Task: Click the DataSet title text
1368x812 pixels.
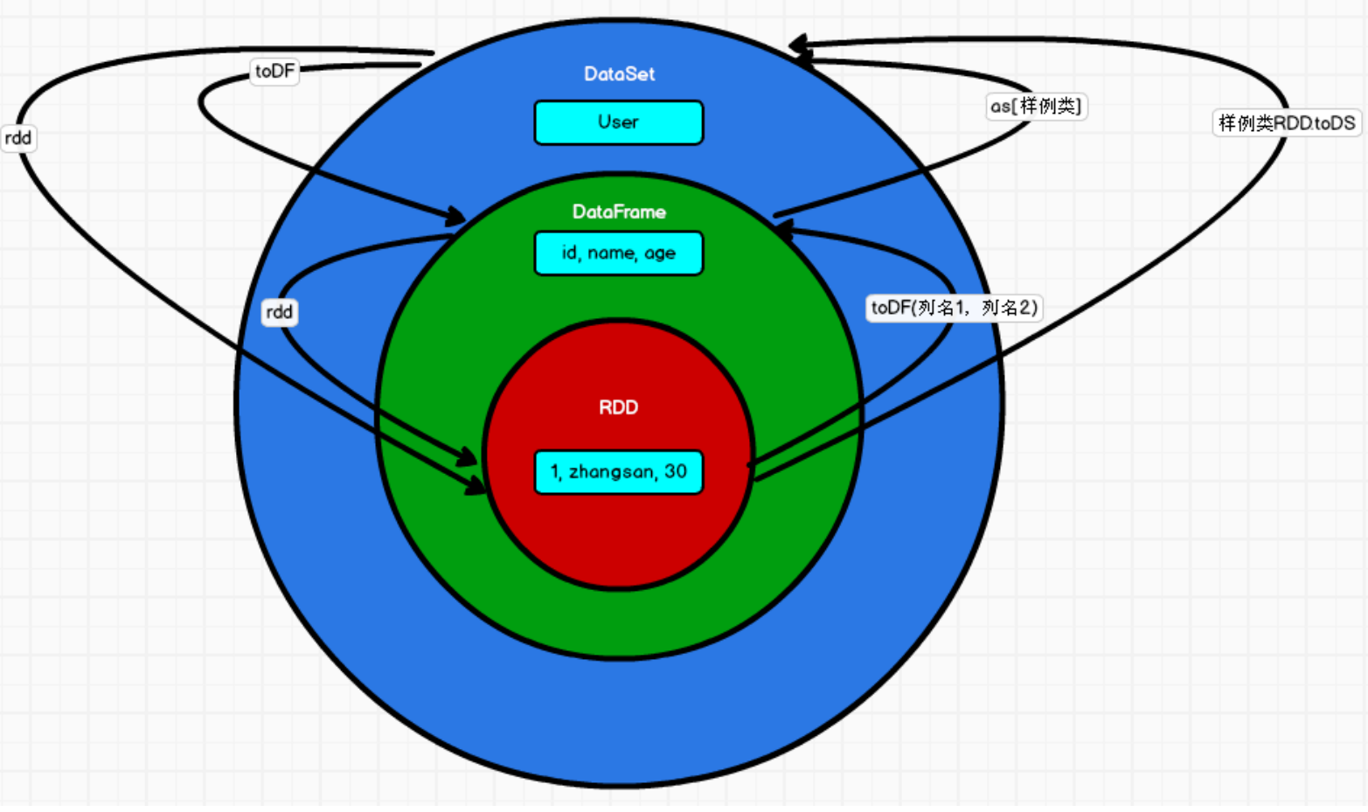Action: click(x=619, y=74)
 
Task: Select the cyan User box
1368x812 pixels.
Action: click(x=618, y=122)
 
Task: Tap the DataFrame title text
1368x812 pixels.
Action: click(x=619, y=212)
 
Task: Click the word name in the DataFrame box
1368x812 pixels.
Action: click(x=611, y=253)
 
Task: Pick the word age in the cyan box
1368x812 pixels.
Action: click(x=660, y=253)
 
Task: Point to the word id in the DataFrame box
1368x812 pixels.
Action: click(x=570, y=253)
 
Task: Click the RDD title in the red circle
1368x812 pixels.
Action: click(x=618, y=407)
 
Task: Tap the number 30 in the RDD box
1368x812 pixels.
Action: click(x=676, y=472)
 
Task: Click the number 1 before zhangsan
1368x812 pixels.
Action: click(x=554, y=472)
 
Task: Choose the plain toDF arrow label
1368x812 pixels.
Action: click(x=274, y=72)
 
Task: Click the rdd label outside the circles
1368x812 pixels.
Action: click(x=17, y=138)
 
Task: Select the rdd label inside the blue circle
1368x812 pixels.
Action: click(x=280, y=312)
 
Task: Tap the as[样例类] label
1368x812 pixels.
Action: click(x=1036, y=107)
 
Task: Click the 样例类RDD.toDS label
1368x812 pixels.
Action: click(x=1287, y=123)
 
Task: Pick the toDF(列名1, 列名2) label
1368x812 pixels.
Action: click(x=954, y=308)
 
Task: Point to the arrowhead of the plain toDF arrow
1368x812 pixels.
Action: click(x=456, y=215)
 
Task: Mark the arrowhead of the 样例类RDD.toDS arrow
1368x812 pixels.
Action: click(x=798, y=45)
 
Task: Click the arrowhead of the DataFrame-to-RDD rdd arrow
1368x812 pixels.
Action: click(x=469, y=457)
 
